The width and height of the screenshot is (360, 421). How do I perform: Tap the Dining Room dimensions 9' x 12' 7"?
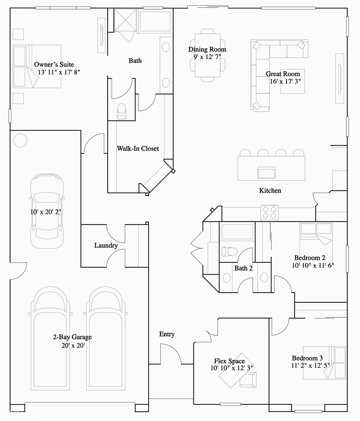click(x=207, y=57)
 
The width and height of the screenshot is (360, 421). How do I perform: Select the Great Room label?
click(x=283, y=74)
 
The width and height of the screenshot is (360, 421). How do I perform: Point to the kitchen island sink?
click(x=266, y=172)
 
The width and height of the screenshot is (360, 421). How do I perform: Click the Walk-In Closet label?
click(x=138, y=149)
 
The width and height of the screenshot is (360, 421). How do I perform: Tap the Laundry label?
click(x=105, y=245)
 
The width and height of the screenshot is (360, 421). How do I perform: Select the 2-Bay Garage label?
click(x=73, y=337)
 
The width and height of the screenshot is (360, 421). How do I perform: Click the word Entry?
click(x=167, y=334)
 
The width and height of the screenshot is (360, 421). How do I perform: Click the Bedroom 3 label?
click(x=307, y=358)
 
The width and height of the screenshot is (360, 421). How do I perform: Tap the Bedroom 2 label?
click(x=309, y=258)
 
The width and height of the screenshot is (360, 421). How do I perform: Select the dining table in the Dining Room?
click(x=208, y=55)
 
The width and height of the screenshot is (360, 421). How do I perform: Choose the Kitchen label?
click(x=270, y=191)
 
